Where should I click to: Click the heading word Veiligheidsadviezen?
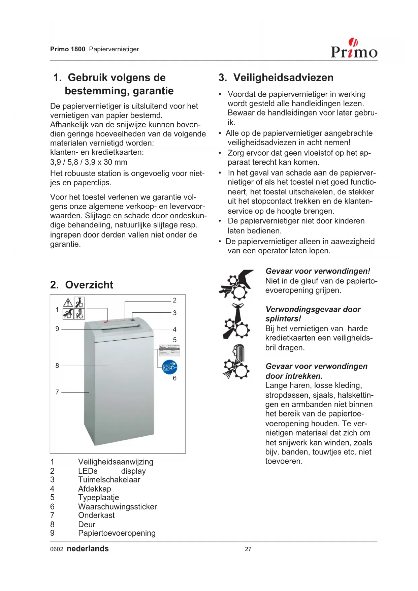click(283, 77)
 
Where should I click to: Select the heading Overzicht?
click(89, 285)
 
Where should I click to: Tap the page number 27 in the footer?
click(248, 549)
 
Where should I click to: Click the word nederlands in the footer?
click(88, 549)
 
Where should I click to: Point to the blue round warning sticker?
click(170, 367)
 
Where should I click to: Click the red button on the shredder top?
click(105, 322)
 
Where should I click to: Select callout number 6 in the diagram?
click(174, 378)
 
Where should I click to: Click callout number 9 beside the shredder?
click(57, 329)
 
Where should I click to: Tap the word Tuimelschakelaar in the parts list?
click(109, 480)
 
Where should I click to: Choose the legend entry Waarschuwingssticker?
click(117, 507)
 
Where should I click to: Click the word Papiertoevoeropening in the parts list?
click(117, 533)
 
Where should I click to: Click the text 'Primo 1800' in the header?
click(68, 49)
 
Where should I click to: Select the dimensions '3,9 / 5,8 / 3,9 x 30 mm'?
click(89, 162)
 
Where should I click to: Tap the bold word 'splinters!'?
click(283, 319)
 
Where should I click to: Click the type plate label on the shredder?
click(169, 350)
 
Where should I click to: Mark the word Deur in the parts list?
click(87, 525)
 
